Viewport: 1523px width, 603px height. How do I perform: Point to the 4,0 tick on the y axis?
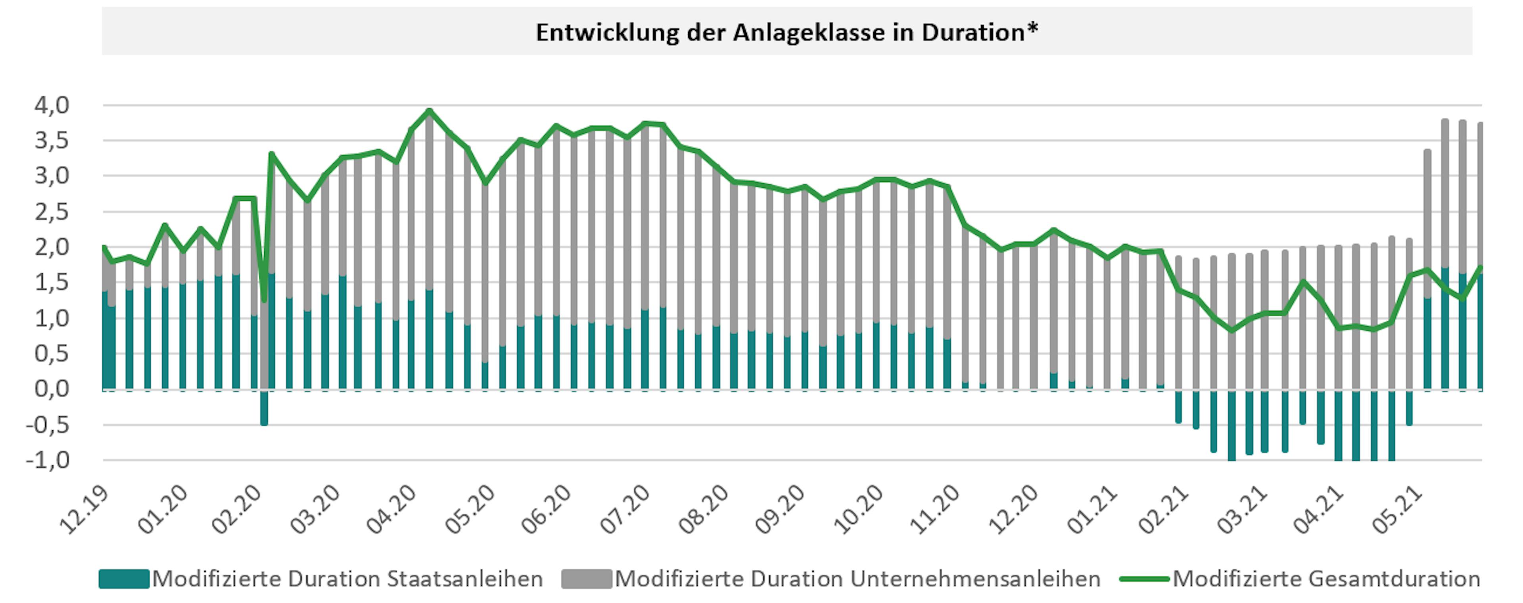pyautogui.click(x=52, y=105)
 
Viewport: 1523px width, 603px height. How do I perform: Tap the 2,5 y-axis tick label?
pyautogui.click(x=52, y=212)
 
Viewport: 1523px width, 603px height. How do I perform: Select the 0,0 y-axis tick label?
pyautogui.click(x=52, y=389)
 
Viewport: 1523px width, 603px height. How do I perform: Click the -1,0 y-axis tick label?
pyautogui.click(x=47, y=460)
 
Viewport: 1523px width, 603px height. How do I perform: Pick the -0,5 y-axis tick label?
pyautogui.click(x=47, y=425)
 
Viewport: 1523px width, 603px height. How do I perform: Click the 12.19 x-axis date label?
pyautogui.click(x=84, y=509)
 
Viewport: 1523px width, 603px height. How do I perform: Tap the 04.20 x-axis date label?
pyautogui.click(x=391, y=509)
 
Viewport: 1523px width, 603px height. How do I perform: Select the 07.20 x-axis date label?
pyautogui.click(x=624, y=509)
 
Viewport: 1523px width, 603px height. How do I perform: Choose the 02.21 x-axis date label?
pyautogui.click(x=1164, y=509)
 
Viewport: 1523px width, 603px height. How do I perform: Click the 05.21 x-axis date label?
pyautogui.click(x=1396, y=509)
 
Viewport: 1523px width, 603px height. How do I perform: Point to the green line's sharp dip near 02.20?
pyautogui.click(x=264, y=301)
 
